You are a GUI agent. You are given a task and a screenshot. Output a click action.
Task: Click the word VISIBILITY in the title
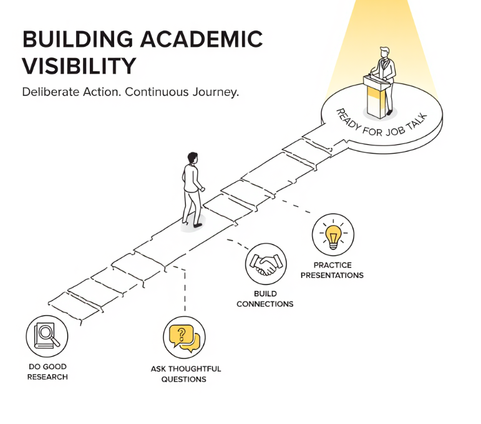pyautogui.click(x=79, y=66)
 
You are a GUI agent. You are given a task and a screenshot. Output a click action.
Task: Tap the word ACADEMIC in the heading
pyautogui.click(x=203, y=39)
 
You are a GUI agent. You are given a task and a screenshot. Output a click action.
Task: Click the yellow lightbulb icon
pyautogui.click(x=333, y=237)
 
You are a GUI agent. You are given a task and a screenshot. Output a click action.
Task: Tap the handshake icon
pyautogui.click(x=266, y=264)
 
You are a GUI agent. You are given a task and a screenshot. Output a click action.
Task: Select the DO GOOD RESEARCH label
pyautogui.click(x=47, y=372)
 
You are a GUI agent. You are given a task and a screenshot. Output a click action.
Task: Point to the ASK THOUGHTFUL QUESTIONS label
pyautogui.click(x=185, y=373)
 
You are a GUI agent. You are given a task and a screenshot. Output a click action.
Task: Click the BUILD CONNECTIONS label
pyautogui.click(x=265, y=299)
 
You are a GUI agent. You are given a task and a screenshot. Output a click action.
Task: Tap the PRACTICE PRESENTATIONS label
pyautogui.click(x=333, y=270)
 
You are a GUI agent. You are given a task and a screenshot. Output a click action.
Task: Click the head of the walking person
pyautogui.click(x=193, y=158)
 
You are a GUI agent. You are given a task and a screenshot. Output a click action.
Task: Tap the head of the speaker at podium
pyautogui.click(x=384, y=52)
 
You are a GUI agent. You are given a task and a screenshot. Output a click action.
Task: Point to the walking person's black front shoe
pyautogui.click(x=198, y=225)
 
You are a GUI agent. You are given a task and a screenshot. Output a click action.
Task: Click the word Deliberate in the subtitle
pyautogui.click(x=51, y=92)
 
